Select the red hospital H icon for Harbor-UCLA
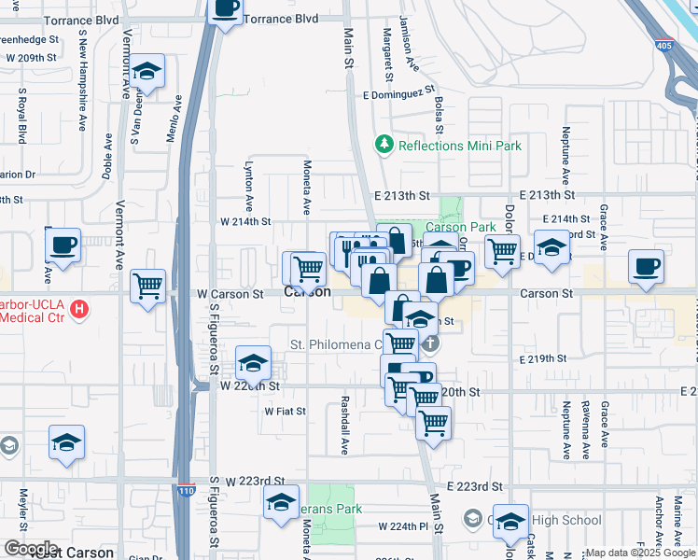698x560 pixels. click(x=80, y=308)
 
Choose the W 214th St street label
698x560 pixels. click(x=244, y=222)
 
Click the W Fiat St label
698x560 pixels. click(x=286, y=411)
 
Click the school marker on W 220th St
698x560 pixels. click(x=253, y=362)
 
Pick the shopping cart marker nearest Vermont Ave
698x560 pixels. click(x=148, y=286)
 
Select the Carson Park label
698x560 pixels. click(x=461, y=227)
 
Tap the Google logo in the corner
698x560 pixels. click(x=30, y=548)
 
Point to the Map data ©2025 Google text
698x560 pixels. click(x=639, y=553)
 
